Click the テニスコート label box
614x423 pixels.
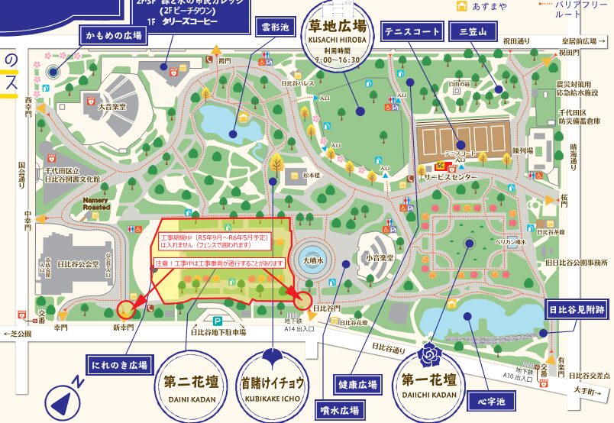(412, 31)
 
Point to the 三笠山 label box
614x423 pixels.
(473, 31)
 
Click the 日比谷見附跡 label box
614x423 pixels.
(577, 312)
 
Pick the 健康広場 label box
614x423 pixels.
(357, 385)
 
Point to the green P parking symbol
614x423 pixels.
(218, 321)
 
